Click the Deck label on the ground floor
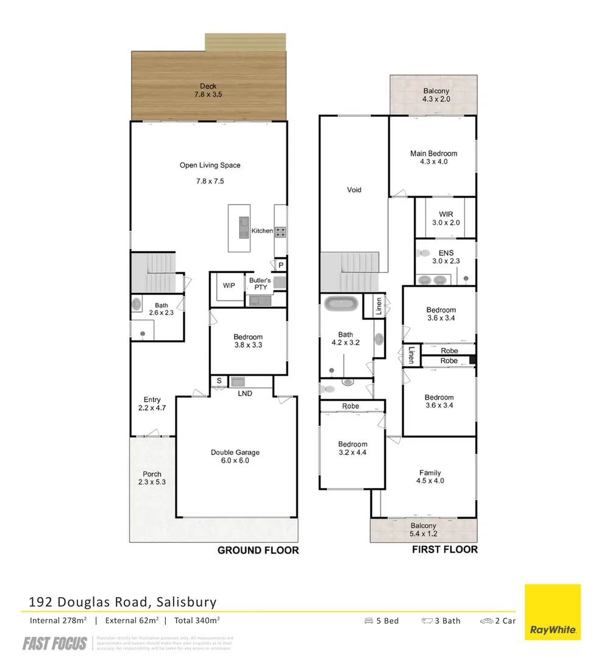tap(208, 90)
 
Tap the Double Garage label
tap(235, 456)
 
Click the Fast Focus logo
tap(55, 643)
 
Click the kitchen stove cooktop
tap(282, 231)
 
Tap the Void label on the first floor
tap(354, 189)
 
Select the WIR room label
tap(445, 218)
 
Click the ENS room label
tap(445, 256)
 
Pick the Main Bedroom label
tap(433, 157)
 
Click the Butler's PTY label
tap(260, 284)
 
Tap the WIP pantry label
tap(229, 285)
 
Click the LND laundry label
tap(245, 394)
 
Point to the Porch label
tap(152, 478)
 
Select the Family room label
tap(430, 476)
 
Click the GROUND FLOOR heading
tap(258, 550)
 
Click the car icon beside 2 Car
tap(486, 621)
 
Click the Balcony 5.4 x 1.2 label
tap(423, 529)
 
